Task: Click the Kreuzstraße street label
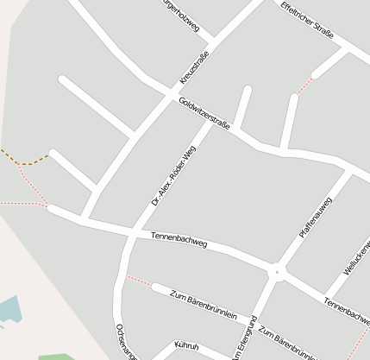pyautogui.click(x=194, y=67)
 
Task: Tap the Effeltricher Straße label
pyautogui.click(x=308, y=20)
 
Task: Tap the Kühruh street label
pyautogui.click(x=186, y=347)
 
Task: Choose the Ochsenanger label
pyautogui.click(x=125, y=342)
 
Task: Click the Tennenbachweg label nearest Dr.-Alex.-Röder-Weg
pyautogui.click(x=179, y=239)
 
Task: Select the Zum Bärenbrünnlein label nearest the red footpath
pyautogui.click(x=204, y=305)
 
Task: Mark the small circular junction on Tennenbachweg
pyautogui.click(x=277, y=272)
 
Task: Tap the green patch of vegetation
pyautogui.click(x=56, y=356)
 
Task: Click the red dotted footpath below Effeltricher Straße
pyautogui.click(x=303, y=85)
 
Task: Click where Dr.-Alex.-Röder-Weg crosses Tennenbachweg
pyautogui.click(x=131, y=232)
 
